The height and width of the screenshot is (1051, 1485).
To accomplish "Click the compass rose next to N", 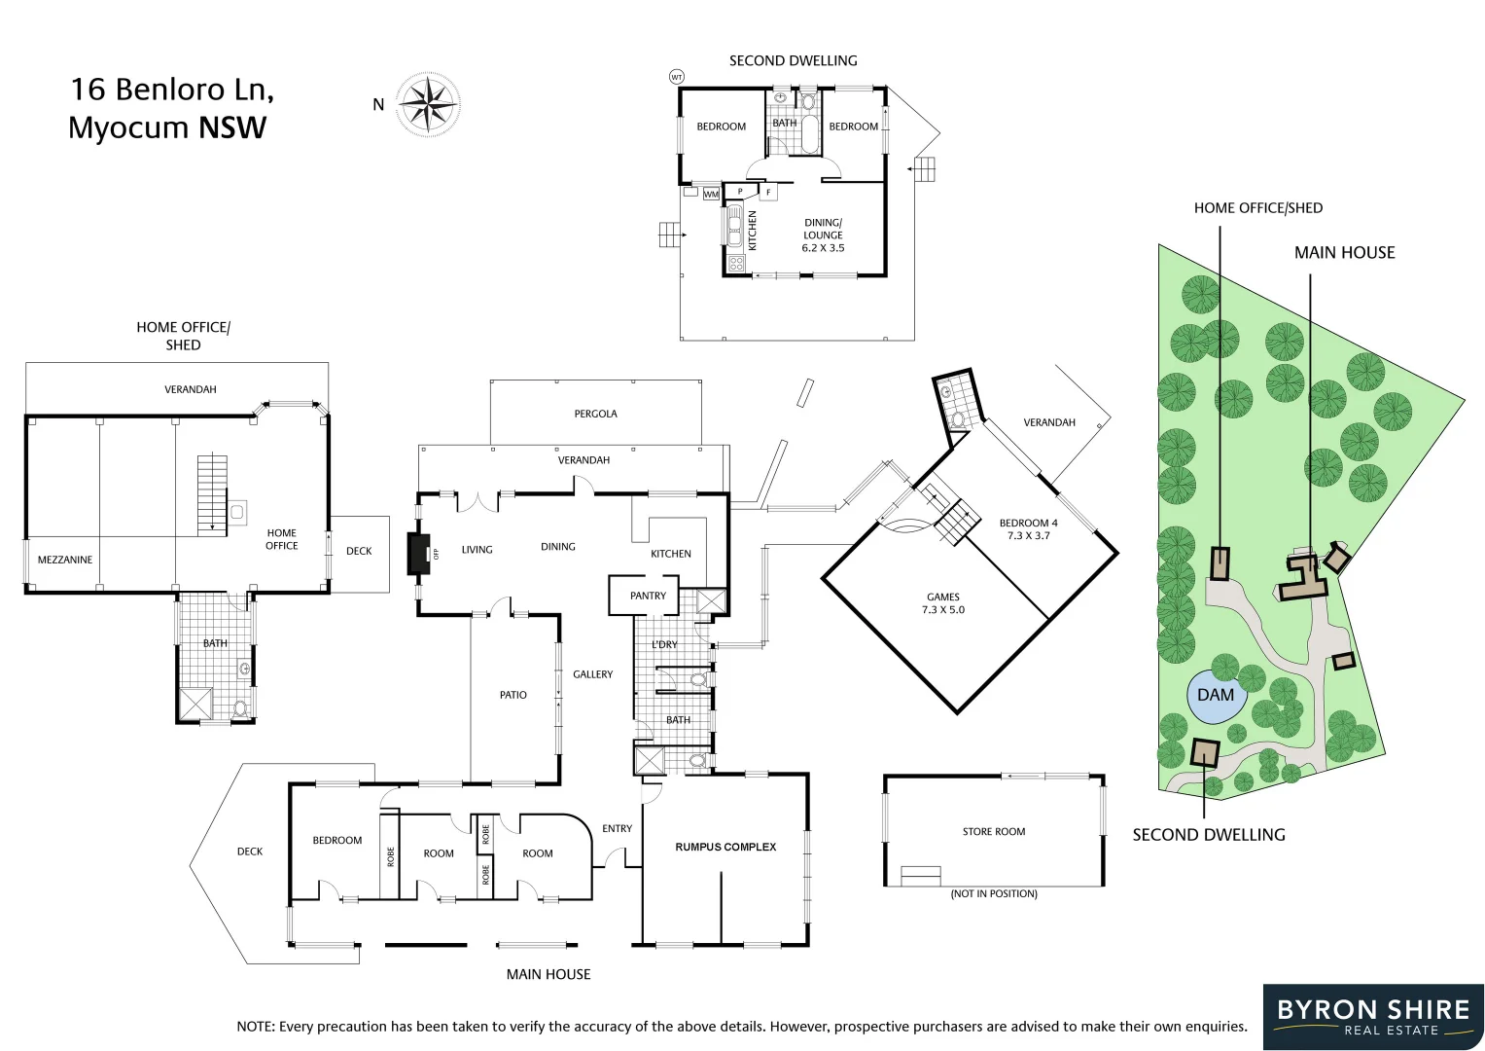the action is coord(428,104).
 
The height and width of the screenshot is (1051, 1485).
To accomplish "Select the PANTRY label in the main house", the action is coord(648,596).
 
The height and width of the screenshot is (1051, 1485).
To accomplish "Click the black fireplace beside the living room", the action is coord(419,553).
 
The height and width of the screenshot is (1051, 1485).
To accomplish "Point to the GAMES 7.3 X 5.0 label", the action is coord(942,603).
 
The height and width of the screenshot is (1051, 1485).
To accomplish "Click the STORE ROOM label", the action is coord(994,831).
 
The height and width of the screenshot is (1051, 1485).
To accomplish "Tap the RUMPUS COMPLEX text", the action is coord(725,847).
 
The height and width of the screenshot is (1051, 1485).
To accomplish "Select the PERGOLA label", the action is coord(595,414).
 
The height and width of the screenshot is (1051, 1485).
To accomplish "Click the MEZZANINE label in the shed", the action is coord(65,560).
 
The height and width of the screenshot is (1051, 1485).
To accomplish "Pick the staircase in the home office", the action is coord(212,495).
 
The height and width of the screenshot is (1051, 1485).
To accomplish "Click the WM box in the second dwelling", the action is coord(711,194).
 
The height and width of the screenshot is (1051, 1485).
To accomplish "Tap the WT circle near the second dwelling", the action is coord(676,77).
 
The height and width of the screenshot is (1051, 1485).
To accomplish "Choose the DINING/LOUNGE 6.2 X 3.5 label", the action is coord(823,235).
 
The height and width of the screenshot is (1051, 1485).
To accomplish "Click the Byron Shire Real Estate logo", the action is coord(1373,1017).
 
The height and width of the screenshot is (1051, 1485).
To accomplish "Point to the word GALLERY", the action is coord(592,674).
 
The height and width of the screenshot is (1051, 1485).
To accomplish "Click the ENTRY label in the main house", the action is coord(618,828).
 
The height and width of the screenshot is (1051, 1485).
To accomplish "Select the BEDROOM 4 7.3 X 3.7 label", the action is coord(1028,528).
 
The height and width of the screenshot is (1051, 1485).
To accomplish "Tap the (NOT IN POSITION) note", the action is coord(994,893).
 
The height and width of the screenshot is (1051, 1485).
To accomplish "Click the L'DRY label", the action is coord(664,644).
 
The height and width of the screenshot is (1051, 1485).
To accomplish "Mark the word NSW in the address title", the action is coord(232,127).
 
